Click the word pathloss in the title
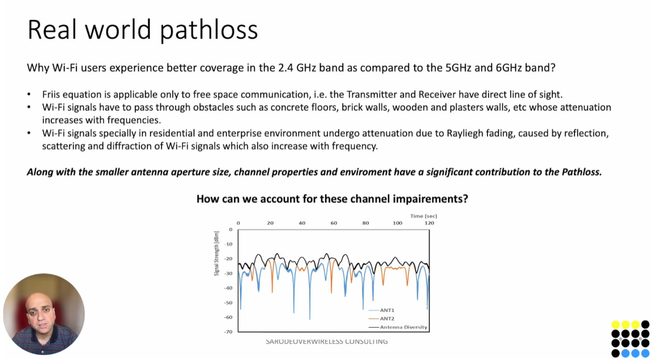tap(209, 30)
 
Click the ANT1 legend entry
tap(382, 310)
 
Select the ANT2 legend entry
tap(382, 319)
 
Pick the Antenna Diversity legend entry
tap(398, 327)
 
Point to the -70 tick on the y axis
tap(229, 332)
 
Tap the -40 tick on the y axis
tap(229, 288)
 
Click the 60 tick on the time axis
tap(333, 223)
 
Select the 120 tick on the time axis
tap(429, 223)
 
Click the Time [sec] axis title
tap(423, 216)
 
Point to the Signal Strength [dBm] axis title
tap(216, 253)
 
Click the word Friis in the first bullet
tap(51, 94)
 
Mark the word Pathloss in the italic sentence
tap(582, 172)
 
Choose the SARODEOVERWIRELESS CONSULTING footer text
tap(327, 342)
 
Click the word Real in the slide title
tap(52, 29)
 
